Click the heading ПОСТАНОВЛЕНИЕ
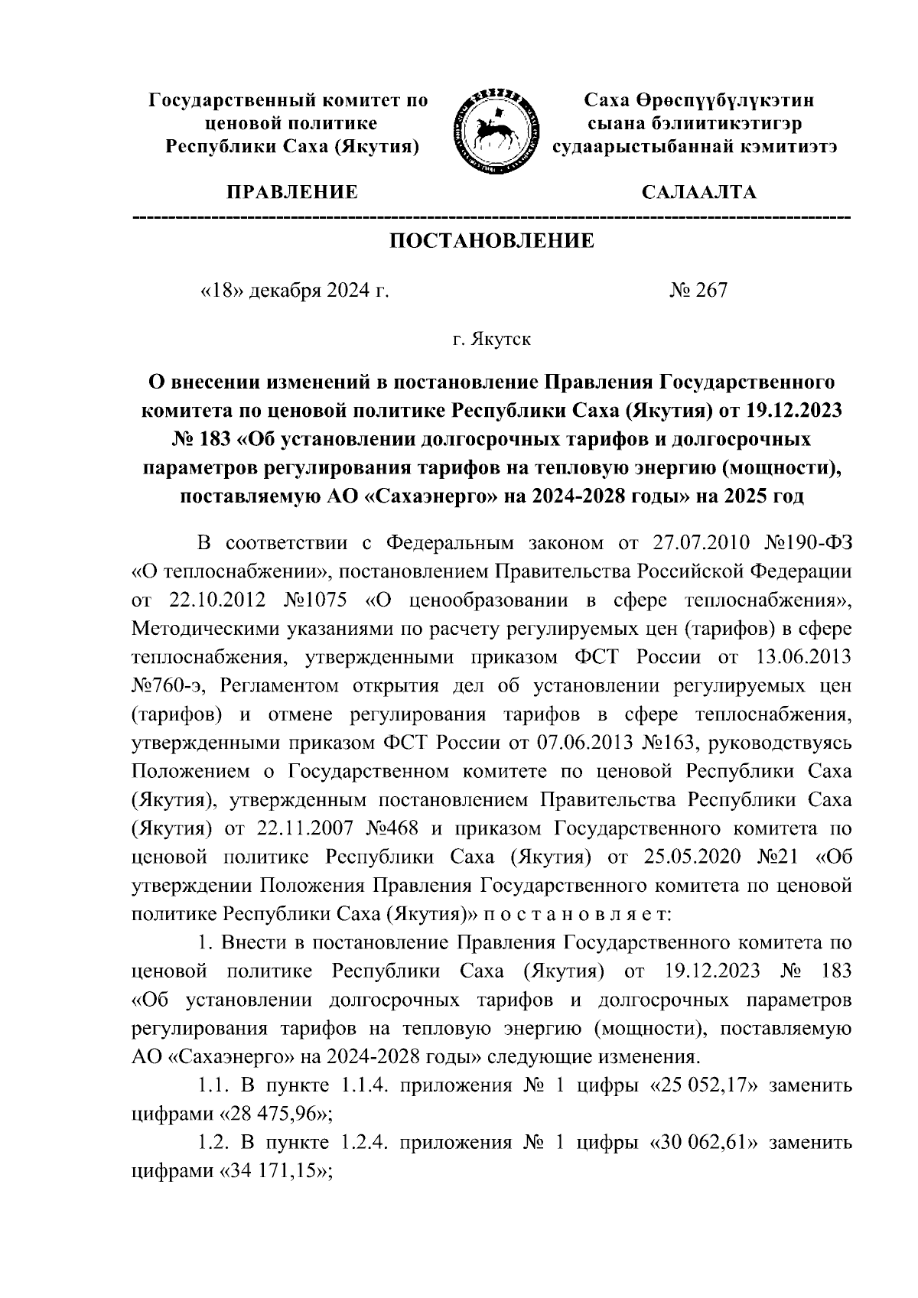click(x=492, y=242)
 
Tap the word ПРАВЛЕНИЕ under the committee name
click(x=290, y=192)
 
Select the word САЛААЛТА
click(x=698, y=192)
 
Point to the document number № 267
click(x=698, y=290)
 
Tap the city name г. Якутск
click(x=491, y=338)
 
